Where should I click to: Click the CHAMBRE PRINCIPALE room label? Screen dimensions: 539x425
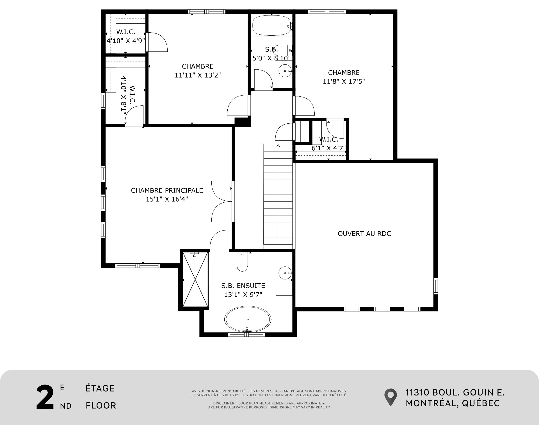[167, 190]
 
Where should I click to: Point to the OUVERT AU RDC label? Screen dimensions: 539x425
[364, 234]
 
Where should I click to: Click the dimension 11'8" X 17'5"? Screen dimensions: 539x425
[344, 82]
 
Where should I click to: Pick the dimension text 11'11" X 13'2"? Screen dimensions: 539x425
[198, 75]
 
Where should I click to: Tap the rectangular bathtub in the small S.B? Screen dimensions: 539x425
[272, 26]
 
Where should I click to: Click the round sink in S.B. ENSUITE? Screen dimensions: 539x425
[286, 273]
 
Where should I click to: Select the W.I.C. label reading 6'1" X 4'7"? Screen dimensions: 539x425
[328, 144]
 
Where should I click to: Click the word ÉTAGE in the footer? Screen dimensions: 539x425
[100, 388]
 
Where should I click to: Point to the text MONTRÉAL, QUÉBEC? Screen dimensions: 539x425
[453, 403]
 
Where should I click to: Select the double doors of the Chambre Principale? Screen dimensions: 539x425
[222, 201]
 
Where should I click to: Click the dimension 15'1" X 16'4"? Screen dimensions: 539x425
[167, 199]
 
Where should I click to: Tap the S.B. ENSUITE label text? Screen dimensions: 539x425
[243, 286]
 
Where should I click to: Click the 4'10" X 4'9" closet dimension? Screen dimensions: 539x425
[126, 41]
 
